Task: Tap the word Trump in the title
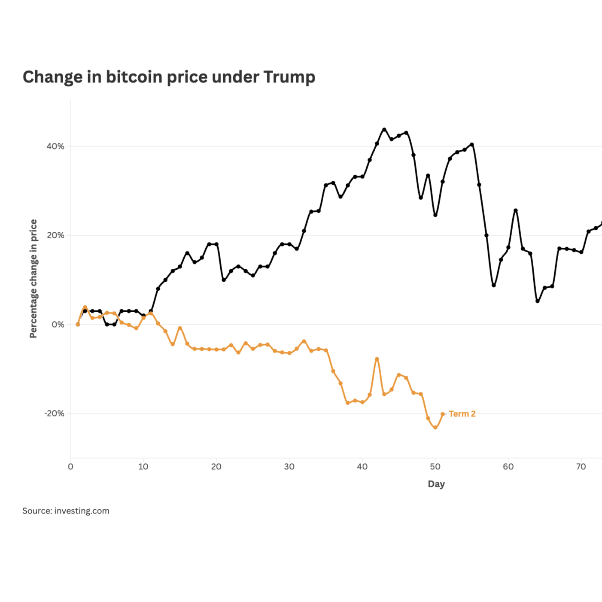click(289, 77)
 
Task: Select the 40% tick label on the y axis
click(55, 146)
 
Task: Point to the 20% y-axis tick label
click(55, 235)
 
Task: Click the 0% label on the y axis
click(58, 325)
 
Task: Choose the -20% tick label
click(54, 413)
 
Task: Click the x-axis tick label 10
click(143, 467)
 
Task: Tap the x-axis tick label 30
click(289, 467)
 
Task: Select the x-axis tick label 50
click(435, 467)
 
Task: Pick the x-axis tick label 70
click(581, 467)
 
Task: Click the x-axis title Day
click(436, 484)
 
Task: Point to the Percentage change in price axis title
click(33, 279)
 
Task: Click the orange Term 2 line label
click(462, 414)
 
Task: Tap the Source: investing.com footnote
click(66, 511)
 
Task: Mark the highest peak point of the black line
click(384, 129)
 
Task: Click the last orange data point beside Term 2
click(443, 414)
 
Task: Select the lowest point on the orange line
click(435, 428)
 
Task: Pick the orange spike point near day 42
click(377, 359)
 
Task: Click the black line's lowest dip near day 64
click(538, 301)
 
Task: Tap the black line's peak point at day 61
click(516, 210)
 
